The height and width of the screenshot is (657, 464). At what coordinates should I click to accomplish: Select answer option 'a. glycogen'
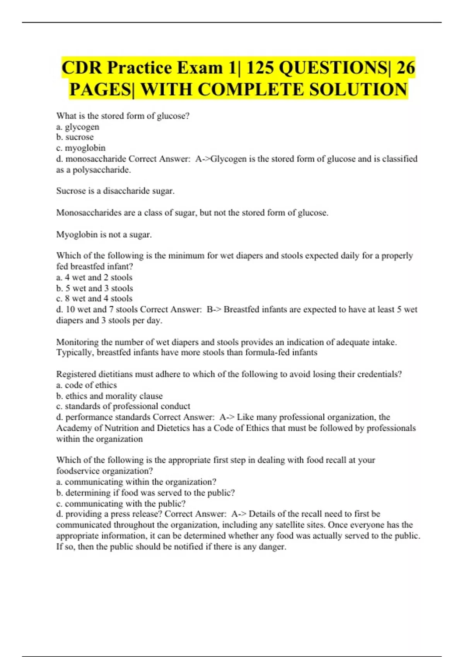(78, 127)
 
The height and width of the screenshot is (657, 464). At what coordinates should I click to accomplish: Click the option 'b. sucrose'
(75, 137)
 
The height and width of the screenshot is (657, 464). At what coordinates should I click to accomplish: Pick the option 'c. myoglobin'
(81, 148)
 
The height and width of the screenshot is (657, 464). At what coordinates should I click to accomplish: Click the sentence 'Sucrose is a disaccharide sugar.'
(115, 191)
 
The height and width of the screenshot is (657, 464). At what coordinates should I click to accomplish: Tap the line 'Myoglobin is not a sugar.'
(104, 235)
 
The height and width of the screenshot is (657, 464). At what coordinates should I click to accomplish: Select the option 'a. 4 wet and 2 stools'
(94, 277)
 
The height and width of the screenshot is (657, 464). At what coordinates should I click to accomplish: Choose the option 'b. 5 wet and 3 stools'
(95, 288)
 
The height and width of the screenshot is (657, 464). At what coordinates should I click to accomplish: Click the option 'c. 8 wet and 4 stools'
(94, 299)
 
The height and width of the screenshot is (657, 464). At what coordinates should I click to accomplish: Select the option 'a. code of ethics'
(87, 385)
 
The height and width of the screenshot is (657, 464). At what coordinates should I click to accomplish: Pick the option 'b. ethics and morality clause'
(109, 396)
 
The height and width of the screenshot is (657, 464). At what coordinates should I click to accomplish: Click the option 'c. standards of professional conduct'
(123, 406)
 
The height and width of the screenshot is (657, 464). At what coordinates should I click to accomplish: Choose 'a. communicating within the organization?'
(136, 482)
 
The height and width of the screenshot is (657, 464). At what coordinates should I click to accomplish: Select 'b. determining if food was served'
(145, 493)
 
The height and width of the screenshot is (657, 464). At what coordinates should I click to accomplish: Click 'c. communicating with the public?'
(121, 504)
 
